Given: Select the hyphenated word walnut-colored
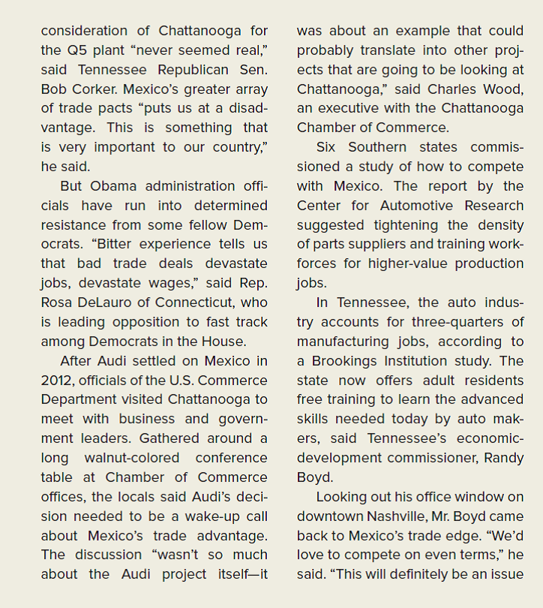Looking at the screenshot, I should (x=130, y=457).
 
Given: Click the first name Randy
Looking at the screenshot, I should (x=502, y=457).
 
